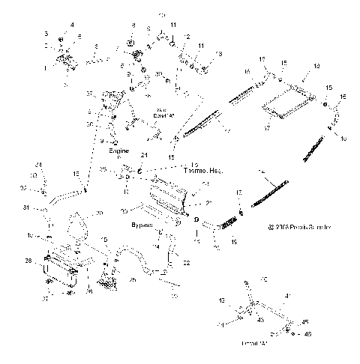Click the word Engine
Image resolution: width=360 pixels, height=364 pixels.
point(118,150)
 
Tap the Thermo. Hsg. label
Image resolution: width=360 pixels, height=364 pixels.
point(166,170)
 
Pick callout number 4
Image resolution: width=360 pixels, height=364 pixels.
point(73,25)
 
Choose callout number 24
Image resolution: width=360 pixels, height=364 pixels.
point(39,164)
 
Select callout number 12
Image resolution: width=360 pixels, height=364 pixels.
point(187,37)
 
